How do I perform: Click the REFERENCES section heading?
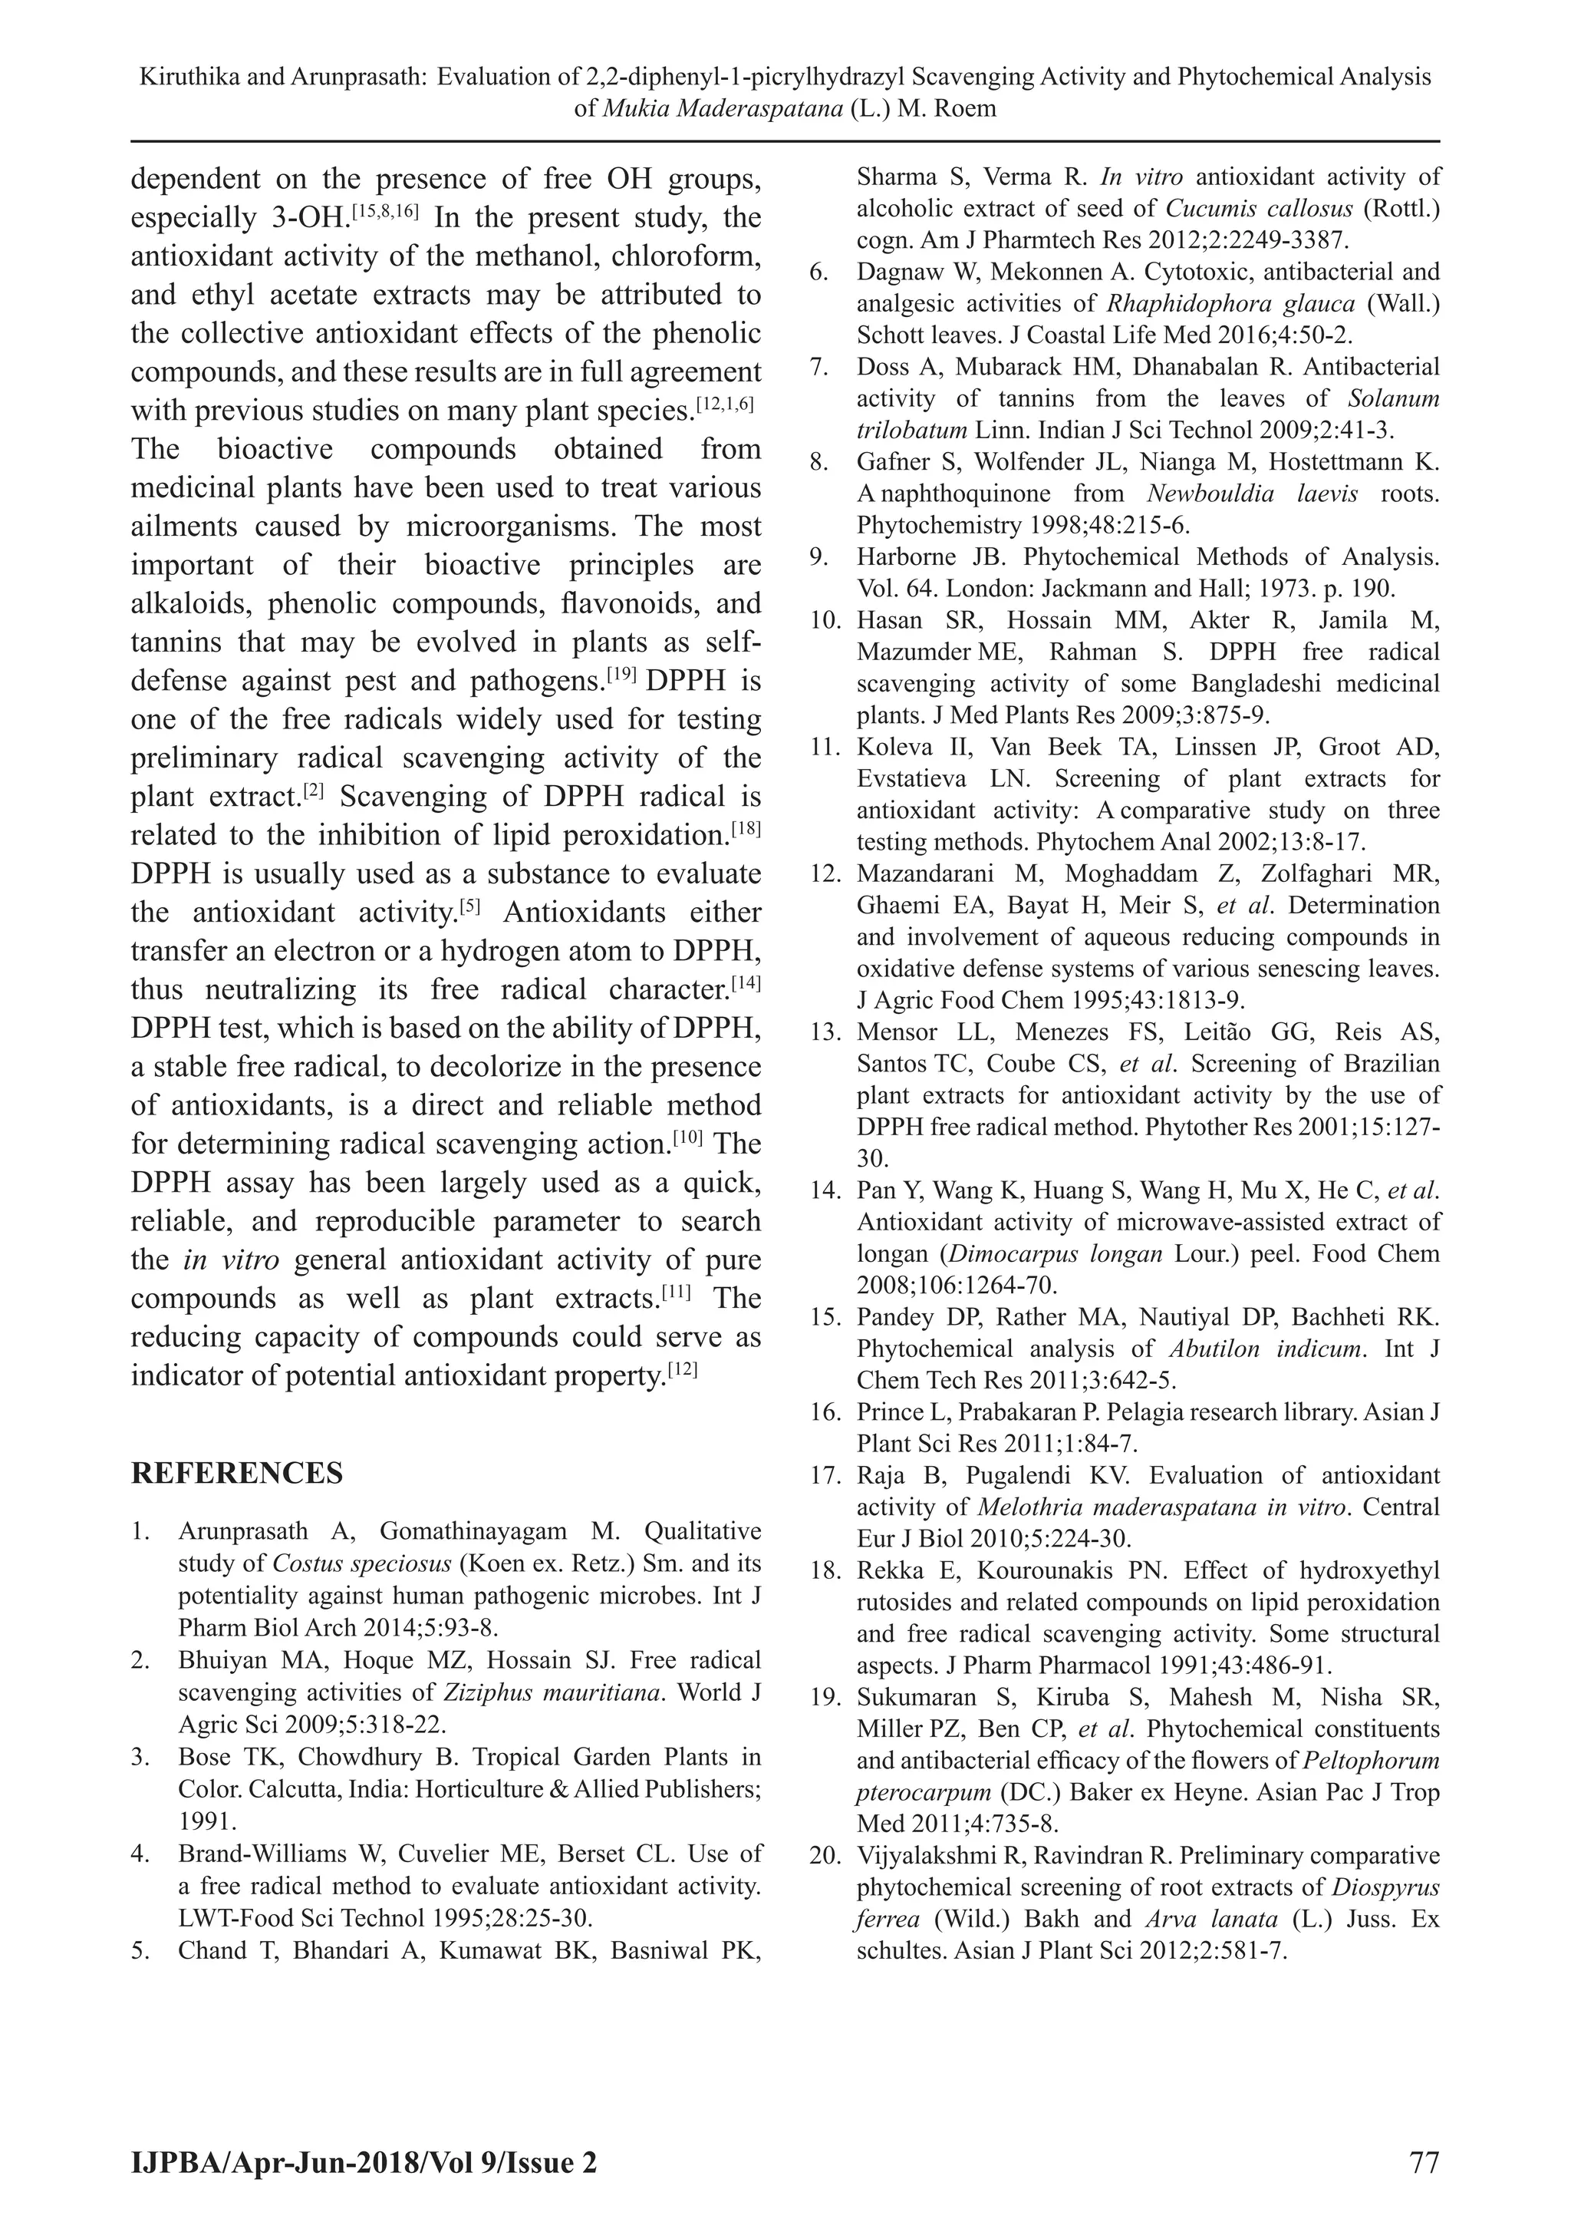tap(236, 1473)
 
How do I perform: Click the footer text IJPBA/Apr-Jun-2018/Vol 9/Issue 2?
tap(364, 2163)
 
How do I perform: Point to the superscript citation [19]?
tap(620, 674)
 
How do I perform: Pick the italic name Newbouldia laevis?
tap(1252, 494)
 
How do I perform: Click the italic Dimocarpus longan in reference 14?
tap(1055, 1254)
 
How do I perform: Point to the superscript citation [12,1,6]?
tap(725, 403)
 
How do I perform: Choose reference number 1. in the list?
tap(141, 1532)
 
